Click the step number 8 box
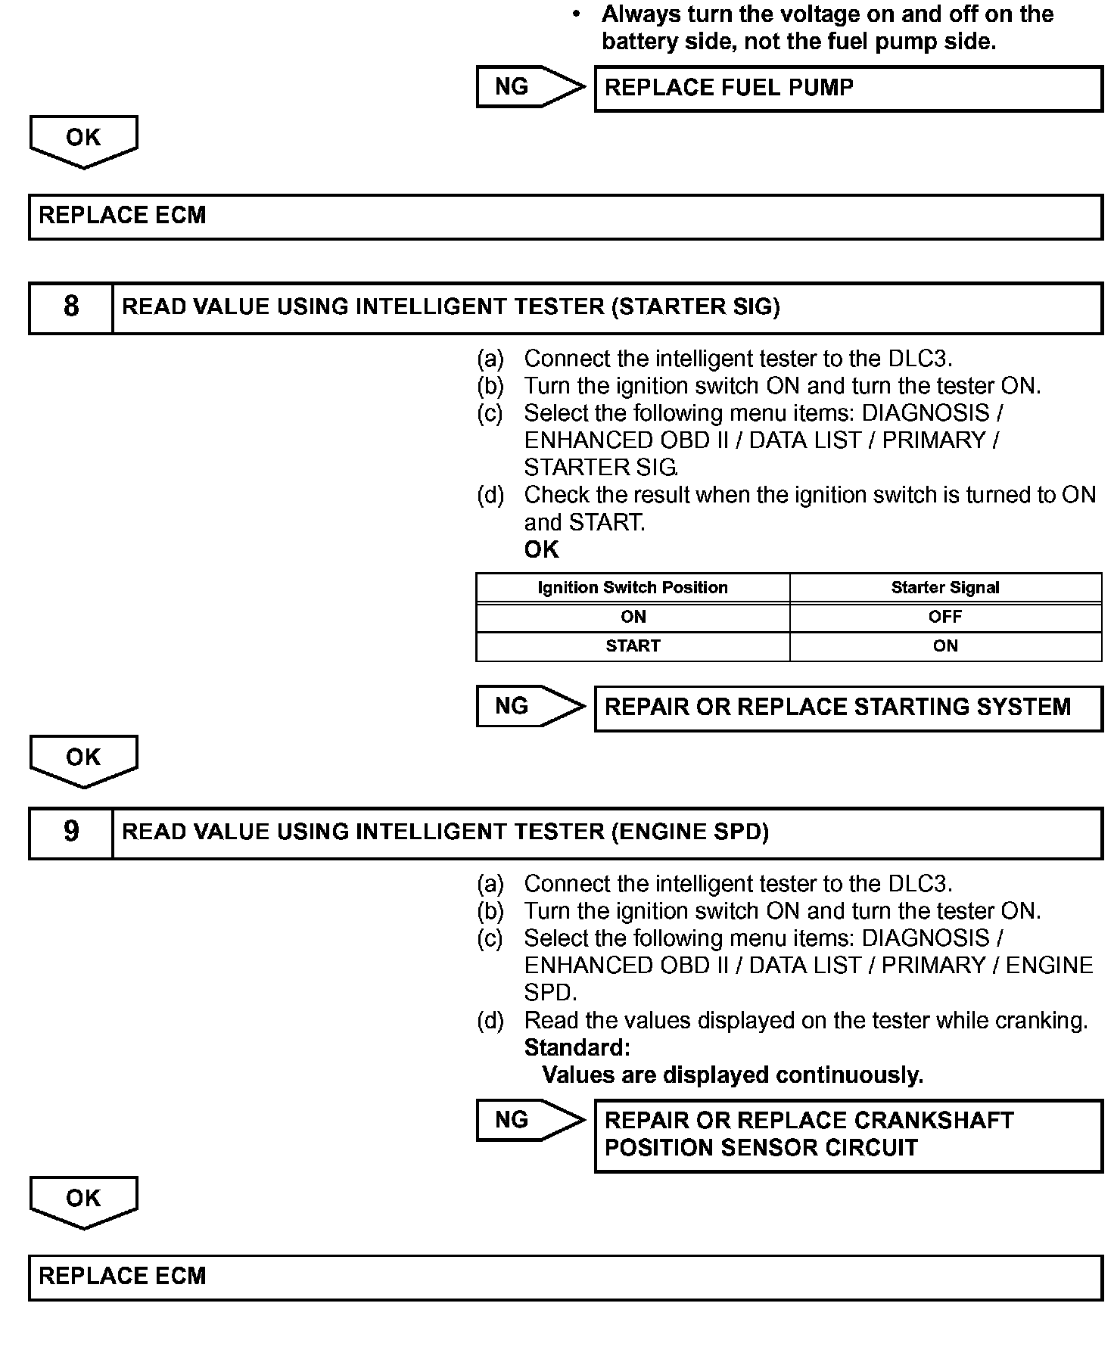tap(71, 307)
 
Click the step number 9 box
tap(71, 832)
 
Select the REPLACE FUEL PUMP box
tap(848, 89)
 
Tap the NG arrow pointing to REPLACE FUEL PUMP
tap(530, 87)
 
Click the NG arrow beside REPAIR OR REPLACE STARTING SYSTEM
tap(530, 707)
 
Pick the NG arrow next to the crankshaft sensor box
tap(530, 1120)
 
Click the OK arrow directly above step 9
tap(83, 759)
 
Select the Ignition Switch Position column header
tap(633, 588)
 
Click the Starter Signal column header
tap(945, 588)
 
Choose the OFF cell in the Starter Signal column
tap(945, 617)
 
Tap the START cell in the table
tap(633, 646)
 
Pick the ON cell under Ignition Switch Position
tap(633, 617)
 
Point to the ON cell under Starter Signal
tap(945, 646)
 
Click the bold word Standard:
tap(577, 1048)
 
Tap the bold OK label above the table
tap(541, 550)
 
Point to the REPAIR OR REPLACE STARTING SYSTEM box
tap(848, 708)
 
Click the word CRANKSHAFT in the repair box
tap(934, 1121)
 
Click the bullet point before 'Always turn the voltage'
tap(577, 14)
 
